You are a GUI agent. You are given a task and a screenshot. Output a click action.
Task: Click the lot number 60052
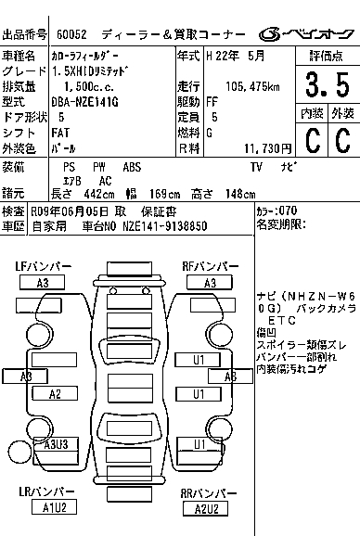coord(71,34)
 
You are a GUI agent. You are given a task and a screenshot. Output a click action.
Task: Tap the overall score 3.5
coord(328,84)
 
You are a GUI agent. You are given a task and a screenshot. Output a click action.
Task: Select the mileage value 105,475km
coord(252,86)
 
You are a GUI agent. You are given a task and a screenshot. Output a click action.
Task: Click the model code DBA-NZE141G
coord(84,102)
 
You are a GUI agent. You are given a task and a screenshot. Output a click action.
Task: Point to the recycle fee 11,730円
coord(268,148)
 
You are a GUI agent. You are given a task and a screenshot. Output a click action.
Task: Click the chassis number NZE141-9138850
coord(165,226)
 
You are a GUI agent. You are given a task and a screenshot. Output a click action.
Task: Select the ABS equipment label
coord(132,167)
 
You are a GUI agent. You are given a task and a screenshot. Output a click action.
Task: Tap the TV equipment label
coord(256,167)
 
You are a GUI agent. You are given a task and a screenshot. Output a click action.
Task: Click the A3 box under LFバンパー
coord(42,283)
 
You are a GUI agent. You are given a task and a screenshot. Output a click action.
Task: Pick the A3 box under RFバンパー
coord(210,283)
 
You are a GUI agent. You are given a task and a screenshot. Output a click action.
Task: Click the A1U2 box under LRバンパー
coord(54,507)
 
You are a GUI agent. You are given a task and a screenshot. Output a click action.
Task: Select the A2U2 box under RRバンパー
coord(205,509)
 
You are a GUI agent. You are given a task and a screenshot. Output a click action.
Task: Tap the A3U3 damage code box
coord(56,444)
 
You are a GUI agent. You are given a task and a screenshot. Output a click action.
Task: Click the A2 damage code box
coord(55,394)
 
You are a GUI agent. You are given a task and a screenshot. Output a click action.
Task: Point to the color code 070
coord(288,211)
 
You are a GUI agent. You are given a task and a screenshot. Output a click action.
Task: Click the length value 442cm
coord(99,194)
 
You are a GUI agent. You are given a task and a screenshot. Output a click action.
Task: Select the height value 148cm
coord(240,194)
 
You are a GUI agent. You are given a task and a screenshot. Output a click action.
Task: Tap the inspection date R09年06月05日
coord(70,212)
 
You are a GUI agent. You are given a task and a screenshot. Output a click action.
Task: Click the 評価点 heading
coord(326,56)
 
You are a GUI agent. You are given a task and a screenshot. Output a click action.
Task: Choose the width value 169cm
coord(164,194)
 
